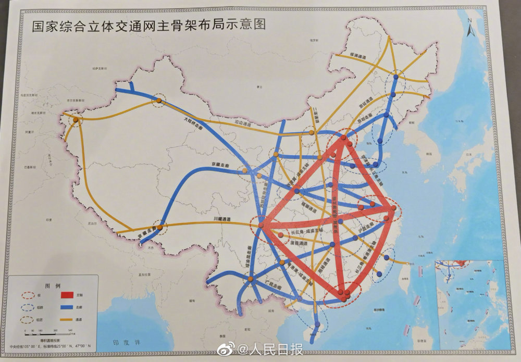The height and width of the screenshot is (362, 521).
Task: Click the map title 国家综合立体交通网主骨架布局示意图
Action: (148, 26)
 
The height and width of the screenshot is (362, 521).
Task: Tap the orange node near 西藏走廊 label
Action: (160, 227)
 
